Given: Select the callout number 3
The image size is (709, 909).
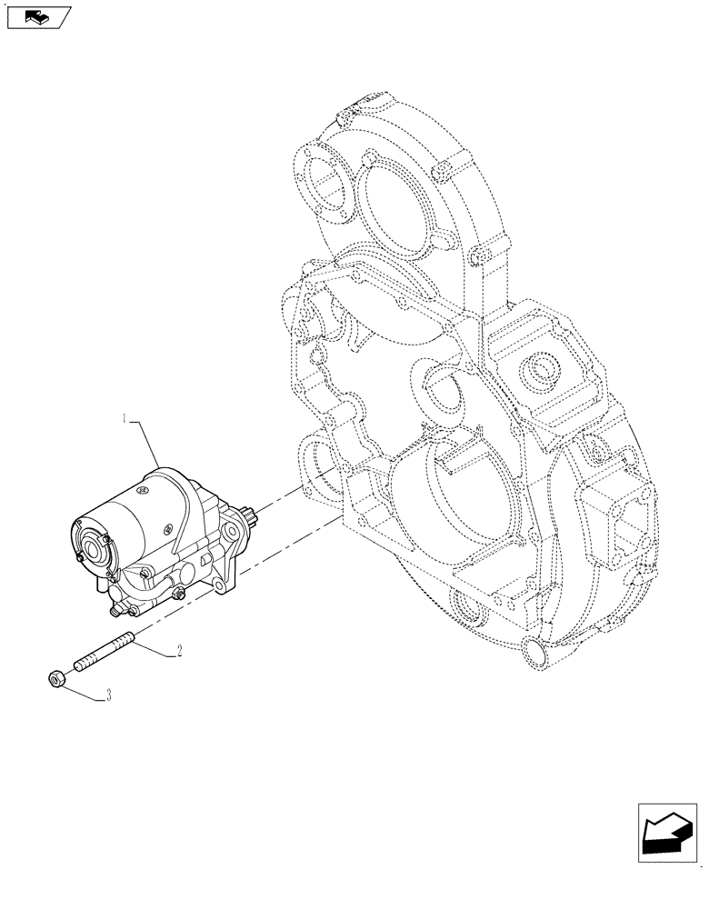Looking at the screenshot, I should click(x=109, y=695).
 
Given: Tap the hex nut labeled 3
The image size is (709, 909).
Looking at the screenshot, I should click(x=54, y=677).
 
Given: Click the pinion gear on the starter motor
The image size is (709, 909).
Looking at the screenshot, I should click(x=244, y=522).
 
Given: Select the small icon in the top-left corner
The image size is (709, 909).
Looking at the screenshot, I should click(x=36, y=15).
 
